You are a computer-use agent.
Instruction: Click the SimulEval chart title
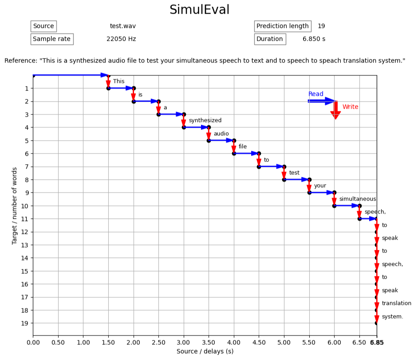tap(200, 10)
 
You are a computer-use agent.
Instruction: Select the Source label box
tap(43, 26)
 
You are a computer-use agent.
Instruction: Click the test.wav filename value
tap(123, 26)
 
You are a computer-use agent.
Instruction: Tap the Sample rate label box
tap(51, 39)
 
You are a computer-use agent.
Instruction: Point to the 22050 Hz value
tap(121, 39)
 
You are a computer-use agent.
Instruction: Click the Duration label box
tap(269, 39)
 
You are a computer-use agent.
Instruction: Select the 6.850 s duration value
tap(314, 39)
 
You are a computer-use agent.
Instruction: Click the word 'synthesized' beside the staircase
tap(205, 120)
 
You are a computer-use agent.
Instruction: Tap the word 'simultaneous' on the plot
tap(358, 199)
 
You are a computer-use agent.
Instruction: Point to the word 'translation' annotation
tap(396, 303)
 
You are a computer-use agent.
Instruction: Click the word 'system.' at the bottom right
tap(392, 316)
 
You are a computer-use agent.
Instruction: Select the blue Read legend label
tap(316, 94)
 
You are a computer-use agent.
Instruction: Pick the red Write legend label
tap(350, 107)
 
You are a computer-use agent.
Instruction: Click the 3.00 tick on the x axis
tap(183, 343)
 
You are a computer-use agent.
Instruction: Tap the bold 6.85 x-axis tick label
tap(377, 343)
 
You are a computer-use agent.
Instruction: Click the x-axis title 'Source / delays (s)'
tap(205, 352)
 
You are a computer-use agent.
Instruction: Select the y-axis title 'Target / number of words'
tap(15, 206)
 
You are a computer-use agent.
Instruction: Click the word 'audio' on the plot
tap(221, 134)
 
